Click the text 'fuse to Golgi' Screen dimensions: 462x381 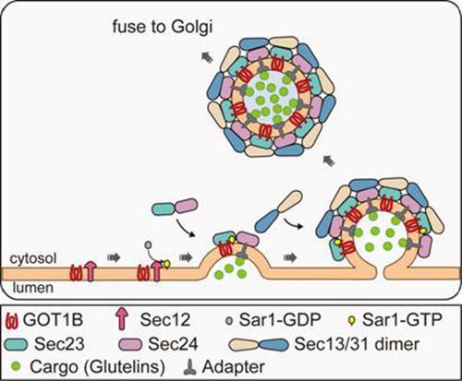pos(163,27)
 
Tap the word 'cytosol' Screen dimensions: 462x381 pos(33,258)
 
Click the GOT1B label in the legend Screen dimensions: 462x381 pos(54,320)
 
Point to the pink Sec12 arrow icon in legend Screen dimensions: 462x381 pos(122,320)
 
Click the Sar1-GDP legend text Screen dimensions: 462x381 pos(280,320)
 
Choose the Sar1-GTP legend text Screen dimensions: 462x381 pos(402,320)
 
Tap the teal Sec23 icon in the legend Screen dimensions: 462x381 pos(16,344)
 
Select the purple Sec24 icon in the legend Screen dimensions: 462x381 pos(130,344)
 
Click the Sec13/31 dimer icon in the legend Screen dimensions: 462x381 pos(259,344)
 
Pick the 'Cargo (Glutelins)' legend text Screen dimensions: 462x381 pos(97,367)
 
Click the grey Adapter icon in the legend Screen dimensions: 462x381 pos(190,367)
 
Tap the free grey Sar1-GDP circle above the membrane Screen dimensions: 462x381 pos(149,244)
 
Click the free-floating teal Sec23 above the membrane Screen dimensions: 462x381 pos(164,208)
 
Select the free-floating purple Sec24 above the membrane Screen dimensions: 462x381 pos(187,206)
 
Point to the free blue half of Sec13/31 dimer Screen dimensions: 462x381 pos(267,220)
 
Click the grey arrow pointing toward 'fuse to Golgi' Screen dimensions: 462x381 pos(207,57)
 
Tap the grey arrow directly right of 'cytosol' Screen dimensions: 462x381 pos(114,257)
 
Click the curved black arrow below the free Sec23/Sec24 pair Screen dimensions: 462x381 pos(186,229)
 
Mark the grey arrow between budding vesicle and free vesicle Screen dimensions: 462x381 pos(328,161)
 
